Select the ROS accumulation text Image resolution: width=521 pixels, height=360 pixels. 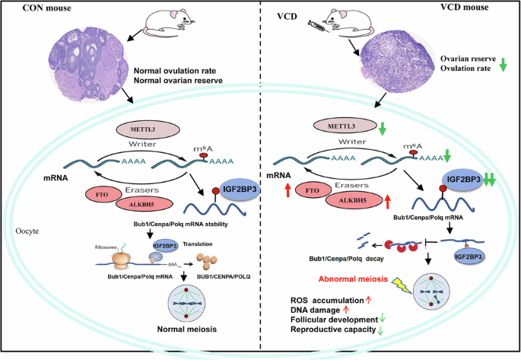pyautogui.click(x=325, y=299)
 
